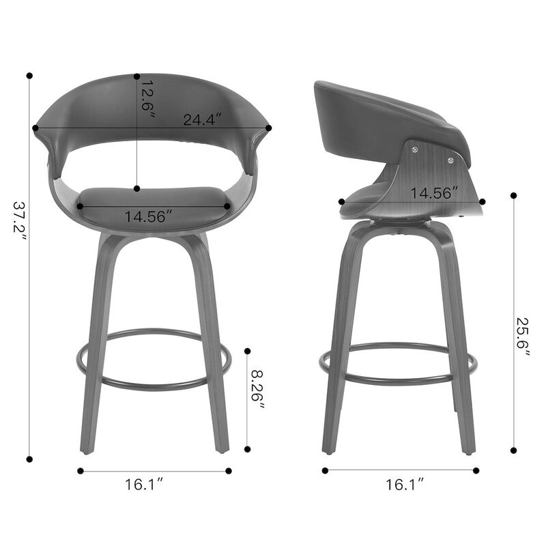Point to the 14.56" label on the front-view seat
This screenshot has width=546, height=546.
click(x=147, y=217)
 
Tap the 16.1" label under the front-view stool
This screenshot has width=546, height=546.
click(x=144, y=485)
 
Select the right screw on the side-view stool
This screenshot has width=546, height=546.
click(x=451, y=160)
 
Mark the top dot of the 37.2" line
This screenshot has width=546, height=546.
click(x=30, y=76)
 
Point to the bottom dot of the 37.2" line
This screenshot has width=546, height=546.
click(x=30, y=459)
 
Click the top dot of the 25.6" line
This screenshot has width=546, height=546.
click(x=513, y=196)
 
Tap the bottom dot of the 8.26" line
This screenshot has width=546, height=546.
click(x=247, y=449)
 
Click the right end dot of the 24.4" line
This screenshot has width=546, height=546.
click(x=269, y=128)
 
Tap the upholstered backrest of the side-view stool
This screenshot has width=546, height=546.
click(x=382, y=113)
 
